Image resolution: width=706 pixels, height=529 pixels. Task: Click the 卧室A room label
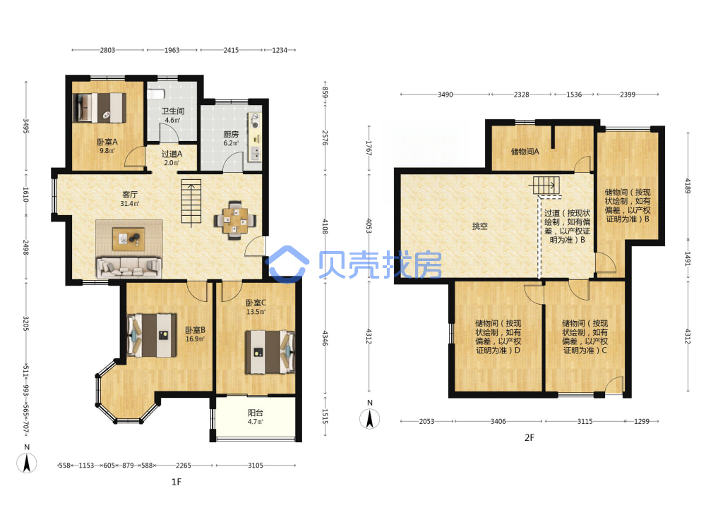(x=107, y=142)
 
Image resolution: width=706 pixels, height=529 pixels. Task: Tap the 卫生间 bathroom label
(x=173, y=111)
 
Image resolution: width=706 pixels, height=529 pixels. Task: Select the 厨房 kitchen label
(x=231, y=134)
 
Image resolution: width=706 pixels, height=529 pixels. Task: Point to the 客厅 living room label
(x=130, y=195)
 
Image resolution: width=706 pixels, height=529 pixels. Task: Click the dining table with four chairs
(x=235, y=220)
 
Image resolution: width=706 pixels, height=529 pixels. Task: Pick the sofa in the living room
(x=129, y=267)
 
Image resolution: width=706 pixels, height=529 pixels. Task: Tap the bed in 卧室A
(x=100, y=107)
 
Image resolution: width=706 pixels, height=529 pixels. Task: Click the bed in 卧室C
(x=270, y=352)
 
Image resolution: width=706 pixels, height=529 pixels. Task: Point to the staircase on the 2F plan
(x=546, y=185)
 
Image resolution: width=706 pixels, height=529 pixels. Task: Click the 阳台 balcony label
(x=256, y=413)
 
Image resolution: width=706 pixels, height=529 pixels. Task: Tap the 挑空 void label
(x=480, y=226)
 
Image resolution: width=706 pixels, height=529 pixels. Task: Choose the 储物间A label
(x=525, y=152)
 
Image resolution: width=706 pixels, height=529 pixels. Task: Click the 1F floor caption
(x=176, y=482)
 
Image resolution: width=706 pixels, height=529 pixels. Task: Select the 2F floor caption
(x=529, y=437)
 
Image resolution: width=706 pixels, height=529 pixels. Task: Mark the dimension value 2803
(x=107, y=50)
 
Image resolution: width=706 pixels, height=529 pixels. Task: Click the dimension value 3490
(x=445, y=95)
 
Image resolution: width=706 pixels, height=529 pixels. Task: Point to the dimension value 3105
(x=256, y=465)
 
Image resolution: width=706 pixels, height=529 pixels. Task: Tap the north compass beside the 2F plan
(x=370, y=419)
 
